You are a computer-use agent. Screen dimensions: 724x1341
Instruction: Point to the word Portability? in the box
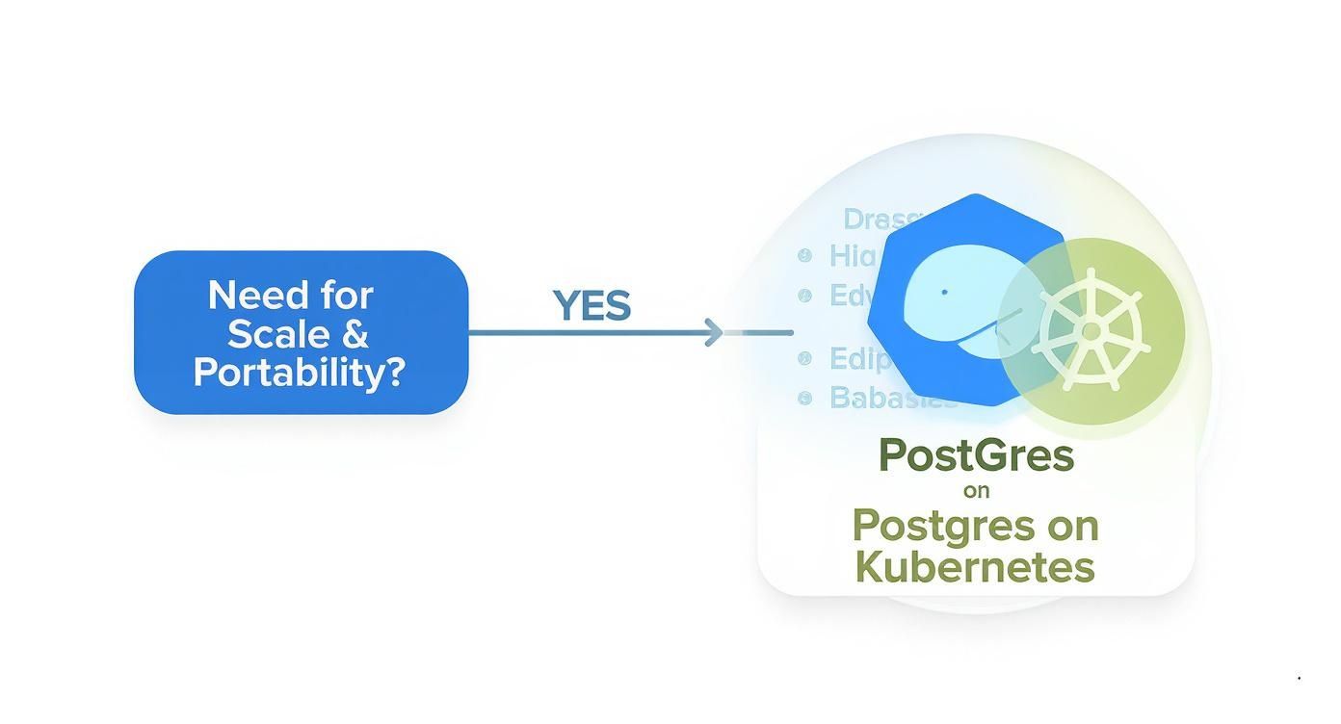pyautogui.click(x=299, y=372)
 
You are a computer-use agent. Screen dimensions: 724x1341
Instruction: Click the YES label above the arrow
pyautogui.click(x=592, y=306)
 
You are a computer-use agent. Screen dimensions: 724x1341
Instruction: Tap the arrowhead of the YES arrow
pyautogui.click(x=714, y=333)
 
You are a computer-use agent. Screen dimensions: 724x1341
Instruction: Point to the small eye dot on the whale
pyautogui.click(x=944, y=292)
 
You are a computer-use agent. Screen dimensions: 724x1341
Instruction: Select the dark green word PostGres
pyautogui.click(x=976, y=454)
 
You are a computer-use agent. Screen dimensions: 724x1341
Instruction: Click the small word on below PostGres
pyautogui.click(x=976, y=491)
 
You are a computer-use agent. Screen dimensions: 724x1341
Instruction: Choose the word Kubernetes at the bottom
pyautogui.click(x=975, y=566)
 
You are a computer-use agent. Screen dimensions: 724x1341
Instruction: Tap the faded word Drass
pyautogui.click(x=881, y=220)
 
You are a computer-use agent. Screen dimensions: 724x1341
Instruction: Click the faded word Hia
pyautogui.click(x=853, y=256)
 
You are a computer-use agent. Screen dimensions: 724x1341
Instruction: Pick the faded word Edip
pyautogui.click(x=858, y=359)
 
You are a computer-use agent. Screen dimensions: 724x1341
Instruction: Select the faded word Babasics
pyautogui.click(x=891, y=398)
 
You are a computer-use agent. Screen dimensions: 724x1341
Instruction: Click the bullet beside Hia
pyautogui.click(x=805, y=256)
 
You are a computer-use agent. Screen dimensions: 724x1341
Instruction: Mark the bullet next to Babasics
pyautogui.click(x=805, y=398)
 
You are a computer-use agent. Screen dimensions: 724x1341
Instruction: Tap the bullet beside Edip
pyautogui.click(x=805, y=359)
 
